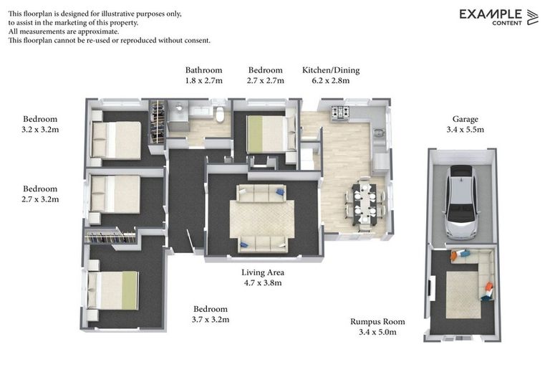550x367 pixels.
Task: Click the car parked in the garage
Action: coord(460,203)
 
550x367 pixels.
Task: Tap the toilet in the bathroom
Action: coord(220,114)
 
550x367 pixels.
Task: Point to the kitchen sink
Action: coord(378,133)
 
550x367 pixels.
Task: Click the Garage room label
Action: coord(465,119)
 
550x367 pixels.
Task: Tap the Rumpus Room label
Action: coord(377,322)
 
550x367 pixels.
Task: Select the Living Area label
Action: coord(263,272)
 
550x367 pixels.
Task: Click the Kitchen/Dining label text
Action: coord(331,70)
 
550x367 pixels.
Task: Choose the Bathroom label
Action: coord(204,70)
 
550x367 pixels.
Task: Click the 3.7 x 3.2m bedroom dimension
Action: coord(211,320)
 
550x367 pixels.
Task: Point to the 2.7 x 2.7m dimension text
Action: coord(266,80)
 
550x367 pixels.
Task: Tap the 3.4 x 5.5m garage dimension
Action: coord(465,130)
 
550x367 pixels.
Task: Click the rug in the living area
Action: coord(262,219)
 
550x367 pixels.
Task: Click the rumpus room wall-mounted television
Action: coord(432,288)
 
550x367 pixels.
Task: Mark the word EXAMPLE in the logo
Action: coord(491,14)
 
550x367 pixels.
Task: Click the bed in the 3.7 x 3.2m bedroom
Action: coord(112,290)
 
